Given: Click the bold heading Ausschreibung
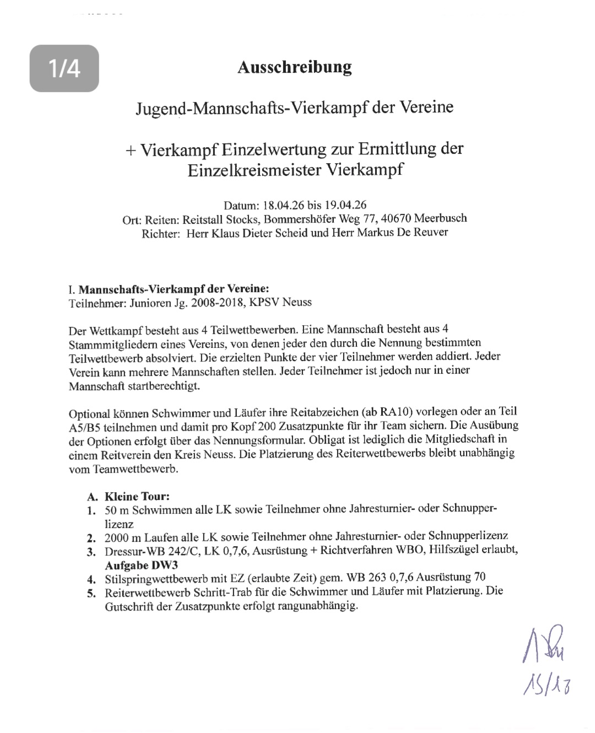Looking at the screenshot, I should click(x=294, y=67).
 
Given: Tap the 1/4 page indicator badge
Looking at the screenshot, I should click(x=64, y=68).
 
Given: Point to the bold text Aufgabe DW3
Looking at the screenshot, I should click(x=141, y=565).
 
